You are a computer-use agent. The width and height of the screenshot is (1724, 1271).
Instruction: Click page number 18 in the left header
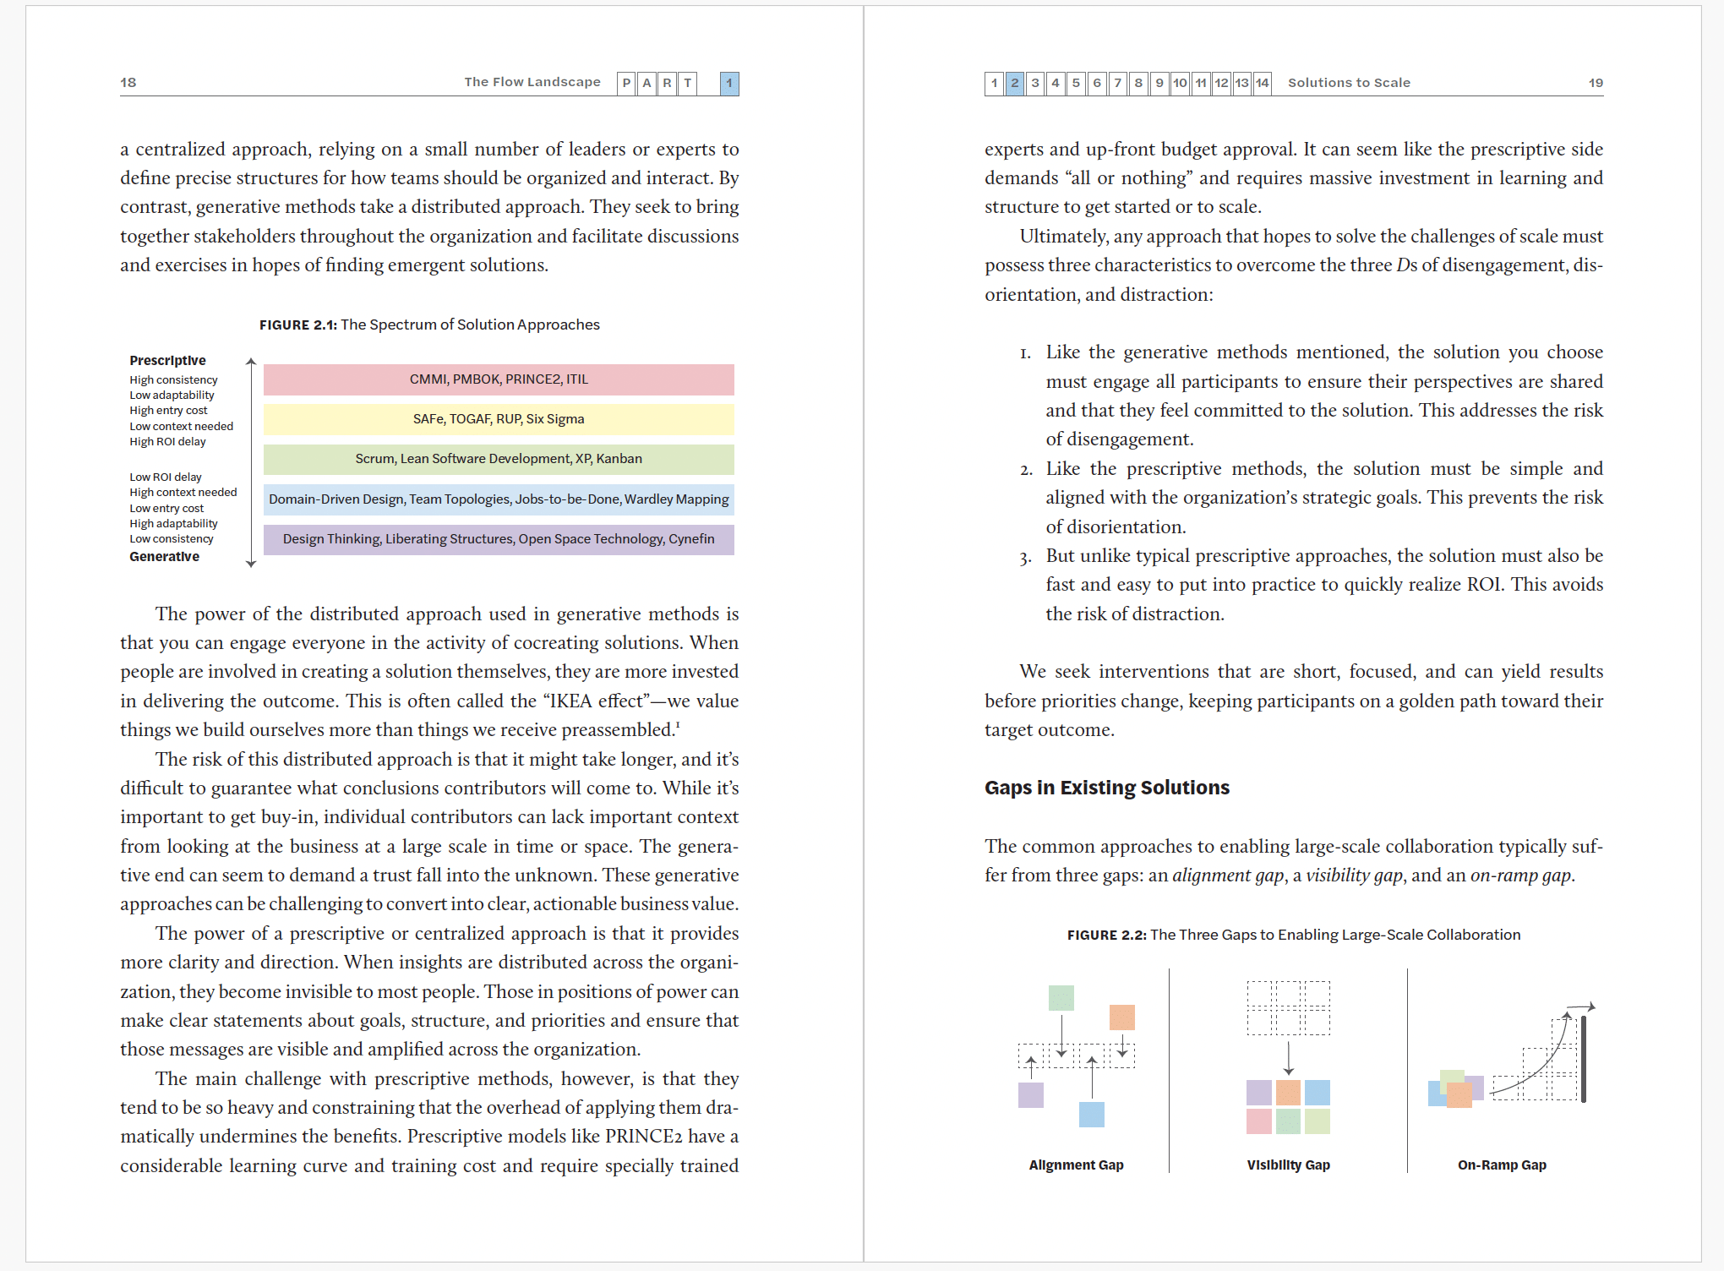pos(128,82)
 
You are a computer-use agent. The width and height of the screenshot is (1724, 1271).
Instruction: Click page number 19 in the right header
pos(1596,83)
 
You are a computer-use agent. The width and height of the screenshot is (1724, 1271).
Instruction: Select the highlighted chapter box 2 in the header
pos(1015,83)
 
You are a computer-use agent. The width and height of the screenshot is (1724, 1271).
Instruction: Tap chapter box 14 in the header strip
pos(1262,83)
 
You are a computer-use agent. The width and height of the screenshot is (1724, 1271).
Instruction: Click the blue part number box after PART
pos(729,83)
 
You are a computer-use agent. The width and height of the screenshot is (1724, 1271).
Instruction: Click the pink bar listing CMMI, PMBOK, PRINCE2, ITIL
pos(499,379)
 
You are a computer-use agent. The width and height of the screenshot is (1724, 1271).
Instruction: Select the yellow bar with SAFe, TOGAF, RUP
pos(499,419)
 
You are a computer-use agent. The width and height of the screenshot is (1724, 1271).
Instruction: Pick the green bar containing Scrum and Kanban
pos(499,459)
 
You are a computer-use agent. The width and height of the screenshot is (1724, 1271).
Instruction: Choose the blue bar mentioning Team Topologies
pos(499,499)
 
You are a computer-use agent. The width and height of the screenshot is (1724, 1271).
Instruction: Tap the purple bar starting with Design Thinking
pos(499,539)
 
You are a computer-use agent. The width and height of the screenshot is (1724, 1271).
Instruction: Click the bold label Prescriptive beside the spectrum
pos(167,361)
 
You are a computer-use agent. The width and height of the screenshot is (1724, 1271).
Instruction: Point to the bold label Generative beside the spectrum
pos(165,557)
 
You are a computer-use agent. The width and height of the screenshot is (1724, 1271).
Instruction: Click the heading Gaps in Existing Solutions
pos(1106,788)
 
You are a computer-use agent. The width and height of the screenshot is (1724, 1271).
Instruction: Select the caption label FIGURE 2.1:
pos(297,325)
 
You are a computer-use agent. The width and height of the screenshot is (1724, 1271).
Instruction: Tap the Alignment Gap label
pos(1076,1165)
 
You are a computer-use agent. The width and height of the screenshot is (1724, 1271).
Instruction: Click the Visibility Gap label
pos(1288,1165)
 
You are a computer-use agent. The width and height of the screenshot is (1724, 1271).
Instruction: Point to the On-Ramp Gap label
pos(1502,1165)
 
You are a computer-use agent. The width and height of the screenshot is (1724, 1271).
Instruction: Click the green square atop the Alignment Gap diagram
pos(1061,998)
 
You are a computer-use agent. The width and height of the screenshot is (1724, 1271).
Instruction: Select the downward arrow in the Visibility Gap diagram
pos(1288,1058)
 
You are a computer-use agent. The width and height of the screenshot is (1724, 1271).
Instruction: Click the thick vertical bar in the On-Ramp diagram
pos(1584,1059)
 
